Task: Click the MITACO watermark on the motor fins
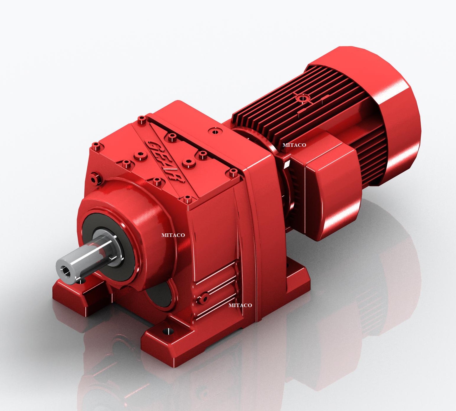click(294, 145)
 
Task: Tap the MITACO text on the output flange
click(173, 235)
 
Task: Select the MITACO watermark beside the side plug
click(240, 305)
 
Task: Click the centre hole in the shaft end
click(66, 271)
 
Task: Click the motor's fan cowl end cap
click(394, 117)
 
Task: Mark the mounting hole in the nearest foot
click(168, 331)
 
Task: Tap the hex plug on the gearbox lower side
click(204, 298)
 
